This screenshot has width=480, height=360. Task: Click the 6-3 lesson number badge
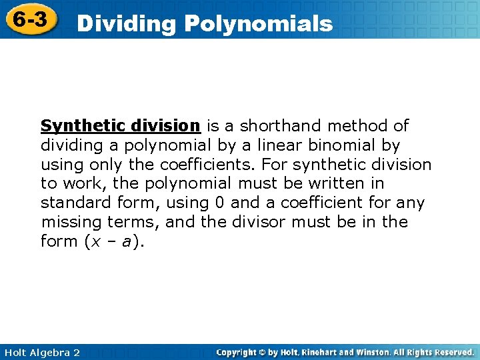(x=29, y=19)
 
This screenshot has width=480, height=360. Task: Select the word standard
(x=73, y=203)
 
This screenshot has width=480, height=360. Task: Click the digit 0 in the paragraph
(x=220, y=203)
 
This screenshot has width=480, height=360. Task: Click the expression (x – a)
(x=114, y=241)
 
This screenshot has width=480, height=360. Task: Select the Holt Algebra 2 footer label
(x=41, y=352)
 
